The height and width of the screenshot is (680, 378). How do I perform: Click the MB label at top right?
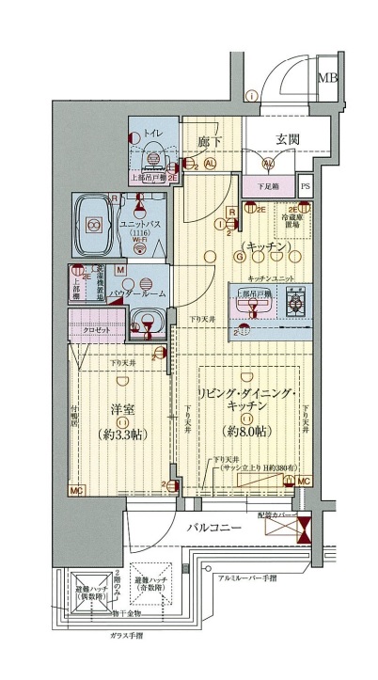(x=328, y=77)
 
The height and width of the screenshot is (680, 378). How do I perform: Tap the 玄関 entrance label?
(x=287, y=140)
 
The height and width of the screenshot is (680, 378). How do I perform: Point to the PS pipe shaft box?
(x=305, y=187)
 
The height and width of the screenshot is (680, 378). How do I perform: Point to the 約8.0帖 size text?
(x=247, y=431)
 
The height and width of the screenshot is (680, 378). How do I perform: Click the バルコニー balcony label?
(x=213, y=529)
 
